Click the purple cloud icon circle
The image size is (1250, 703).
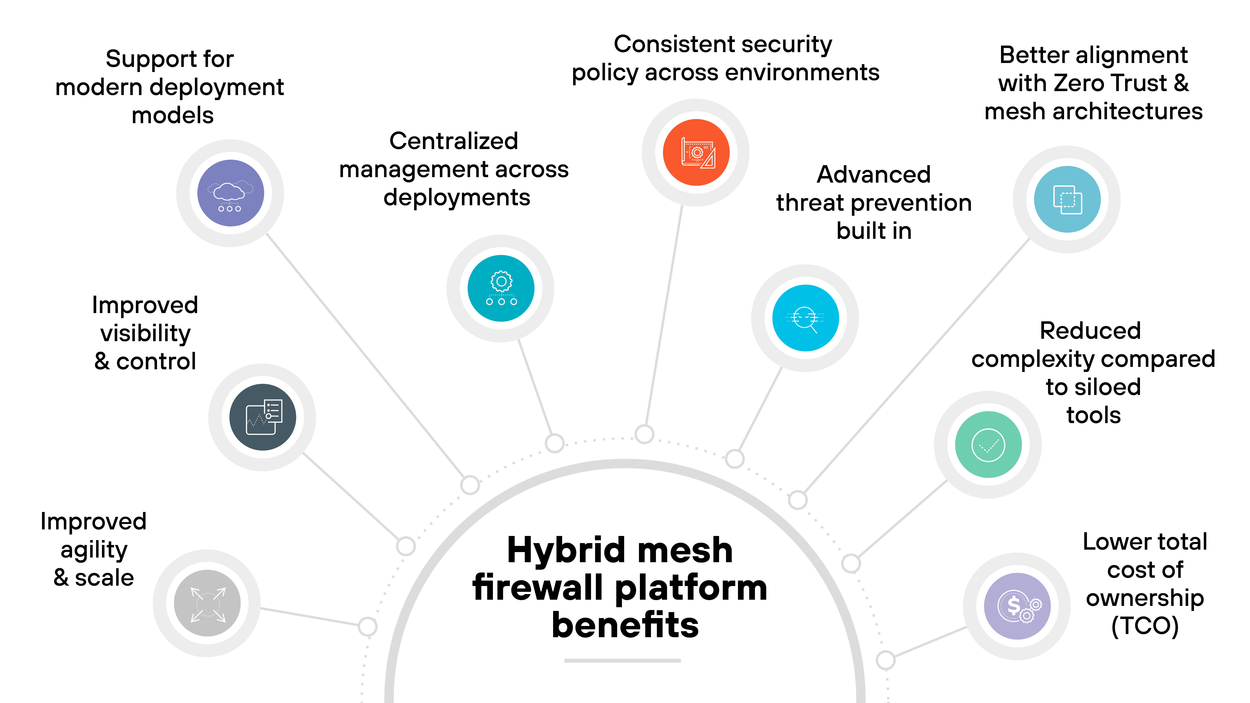[230, 193]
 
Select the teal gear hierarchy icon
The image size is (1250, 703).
[501, 288]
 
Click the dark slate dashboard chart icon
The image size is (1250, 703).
[262, 417]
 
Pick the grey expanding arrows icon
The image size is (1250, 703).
[207, 603]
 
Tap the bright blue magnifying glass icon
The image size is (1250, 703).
[805, 318]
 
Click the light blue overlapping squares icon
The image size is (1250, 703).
[1067, 199]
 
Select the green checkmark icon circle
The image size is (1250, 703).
[988, 444]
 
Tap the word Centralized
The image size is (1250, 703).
[454, 141]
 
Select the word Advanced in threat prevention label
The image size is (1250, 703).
[874, 175]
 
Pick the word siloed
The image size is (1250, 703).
[1093, 387]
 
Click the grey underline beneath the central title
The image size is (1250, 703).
[623, 660]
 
